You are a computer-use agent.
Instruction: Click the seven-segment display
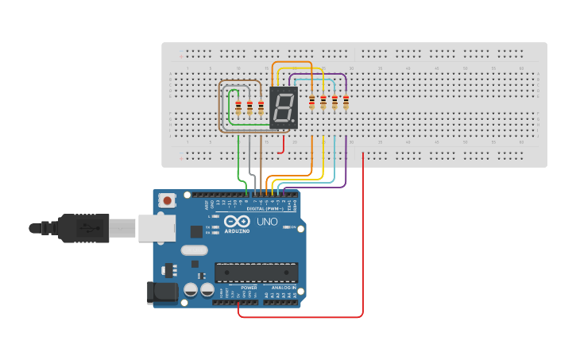pyautogui.click(x=284, y=108)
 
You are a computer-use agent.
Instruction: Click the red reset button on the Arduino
pyautogui.click(x=166, y=202)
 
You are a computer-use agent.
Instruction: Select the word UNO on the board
pyautogui.click(x=268, y=222)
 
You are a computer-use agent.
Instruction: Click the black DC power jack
pyautogui.click(x=162, y=292)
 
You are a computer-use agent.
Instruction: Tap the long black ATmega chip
pyautogui.click(x=256, y=273)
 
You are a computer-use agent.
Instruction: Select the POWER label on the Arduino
pyautogui.click(x=238, y=288)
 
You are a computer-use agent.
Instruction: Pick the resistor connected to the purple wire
pyautogui.click(x=346, y=102)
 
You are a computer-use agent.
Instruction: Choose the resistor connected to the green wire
pyautogui.click(x=238, y=108)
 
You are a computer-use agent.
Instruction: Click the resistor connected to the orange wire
pyautogui.click(x=311, y=102)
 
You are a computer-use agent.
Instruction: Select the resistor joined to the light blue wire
pyautogui.click(x=334, y=102)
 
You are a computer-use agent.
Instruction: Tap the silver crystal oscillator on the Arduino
pyautogui.click(x=193, y=250)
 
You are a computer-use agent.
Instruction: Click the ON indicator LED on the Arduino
pyautogui.click(x=291, y=228)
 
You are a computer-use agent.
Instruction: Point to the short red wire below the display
pyautogui.click(x=283, y=145)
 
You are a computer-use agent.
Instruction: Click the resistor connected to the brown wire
pyautogui.click(x=261, y=108)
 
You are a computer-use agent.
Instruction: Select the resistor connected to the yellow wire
pyautogui.click(x=323, y=102)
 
